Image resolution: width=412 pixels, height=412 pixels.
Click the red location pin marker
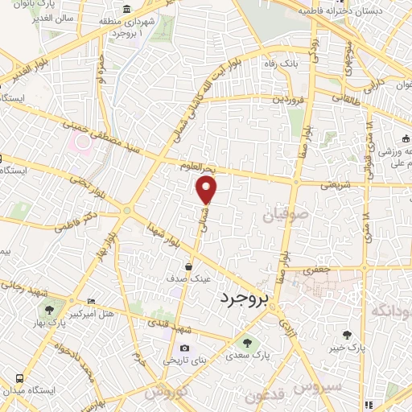(207, 191)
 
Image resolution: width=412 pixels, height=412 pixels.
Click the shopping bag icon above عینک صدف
(188, 266)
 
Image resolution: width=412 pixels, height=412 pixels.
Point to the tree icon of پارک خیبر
(347, 334)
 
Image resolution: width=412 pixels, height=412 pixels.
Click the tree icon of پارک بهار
(51, 308)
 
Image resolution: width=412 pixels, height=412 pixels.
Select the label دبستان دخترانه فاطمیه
(336, 12)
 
